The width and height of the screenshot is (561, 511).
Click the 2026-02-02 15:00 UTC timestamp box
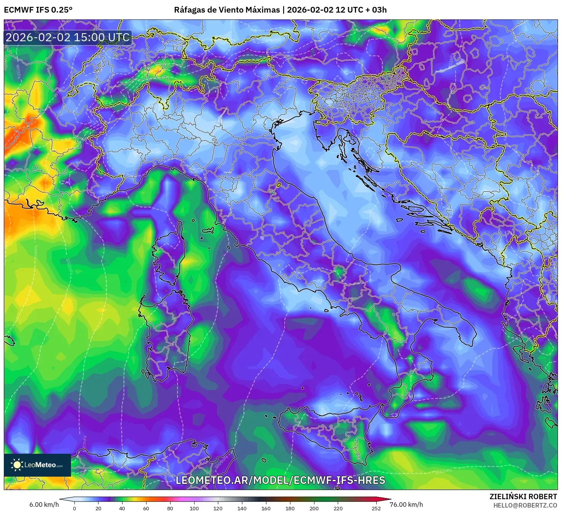[x=68, y=37]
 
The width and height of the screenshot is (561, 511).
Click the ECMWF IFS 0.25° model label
[x=38, y=10]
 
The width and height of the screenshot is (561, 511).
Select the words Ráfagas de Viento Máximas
[x=227, y=10]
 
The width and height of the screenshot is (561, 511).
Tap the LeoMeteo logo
[x=37, y=465]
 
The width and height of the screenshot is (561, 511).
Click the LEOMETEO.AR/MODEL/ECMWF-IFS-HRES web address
[x=280, y=480]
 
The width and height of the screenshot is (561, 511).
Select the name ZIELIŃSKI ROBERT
[x=523, y=496]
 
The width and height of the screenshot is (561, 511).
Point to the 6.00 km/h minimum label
[x=44, y=505]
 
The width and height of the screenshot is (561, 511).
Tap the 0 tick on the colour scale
[x=74, y=508]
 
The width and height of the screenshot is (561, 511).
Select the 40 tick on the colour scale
[x=122, y=508]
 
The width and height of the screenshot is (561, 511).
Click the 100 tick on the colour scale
[x=194, y=508]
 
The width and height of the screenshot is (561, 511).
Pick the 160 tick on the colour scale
[x=266, y=508]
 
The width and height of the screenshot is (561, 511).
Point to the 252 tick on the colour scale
[x=376, y=508]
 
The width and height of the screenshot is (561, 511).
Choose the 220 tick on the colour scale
[x=338, y=508]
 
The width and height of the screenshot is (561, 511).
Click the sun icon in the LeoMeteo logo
[x=17, y=465]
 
